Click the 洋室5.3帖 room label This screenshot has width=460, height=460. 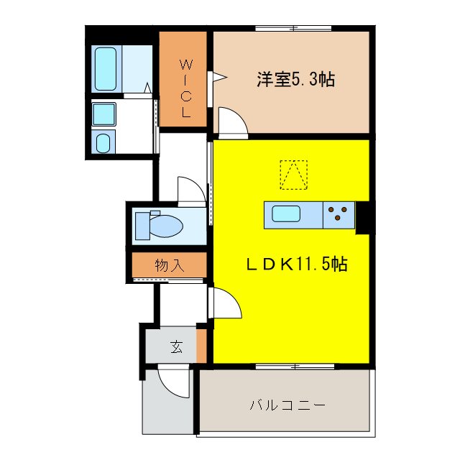295,80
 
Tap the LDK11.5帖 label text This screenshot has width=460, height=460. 294,264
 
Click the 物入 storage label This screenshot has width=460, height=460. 170,265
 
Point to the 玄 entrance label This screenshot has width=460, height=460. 176,348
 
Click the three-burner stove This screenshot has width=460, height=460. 339,214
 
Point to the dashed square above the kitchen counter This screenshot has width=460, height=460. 293,174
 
